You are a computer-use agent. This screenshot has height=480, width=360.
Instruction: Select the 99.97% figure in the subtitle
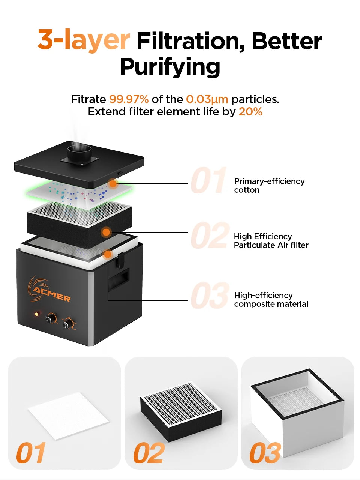[129, 99]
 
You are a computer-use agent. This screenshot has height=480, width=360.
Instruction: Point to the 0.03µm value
[207, 99]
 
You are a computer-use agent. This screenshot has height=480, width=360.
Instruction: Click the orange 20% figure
[250, 112]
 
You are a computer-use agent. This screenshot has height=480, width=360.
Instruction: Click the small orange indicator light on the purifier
[37, 314]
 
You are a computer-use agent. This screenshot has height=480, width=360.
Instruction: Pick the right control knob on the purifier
[68, 323]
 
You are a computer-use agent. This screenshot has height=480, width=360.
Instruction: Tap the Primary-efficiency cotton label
[269, 186]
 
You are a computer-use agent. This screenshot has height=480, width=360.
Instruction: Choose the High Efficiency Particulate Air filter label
[271, 241]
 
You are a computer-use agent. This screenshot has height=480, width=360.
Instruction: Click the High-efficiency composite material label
[271, 300]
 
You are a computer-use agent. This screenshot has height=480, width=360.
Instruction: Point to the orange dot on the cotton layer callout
[113, 184]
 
